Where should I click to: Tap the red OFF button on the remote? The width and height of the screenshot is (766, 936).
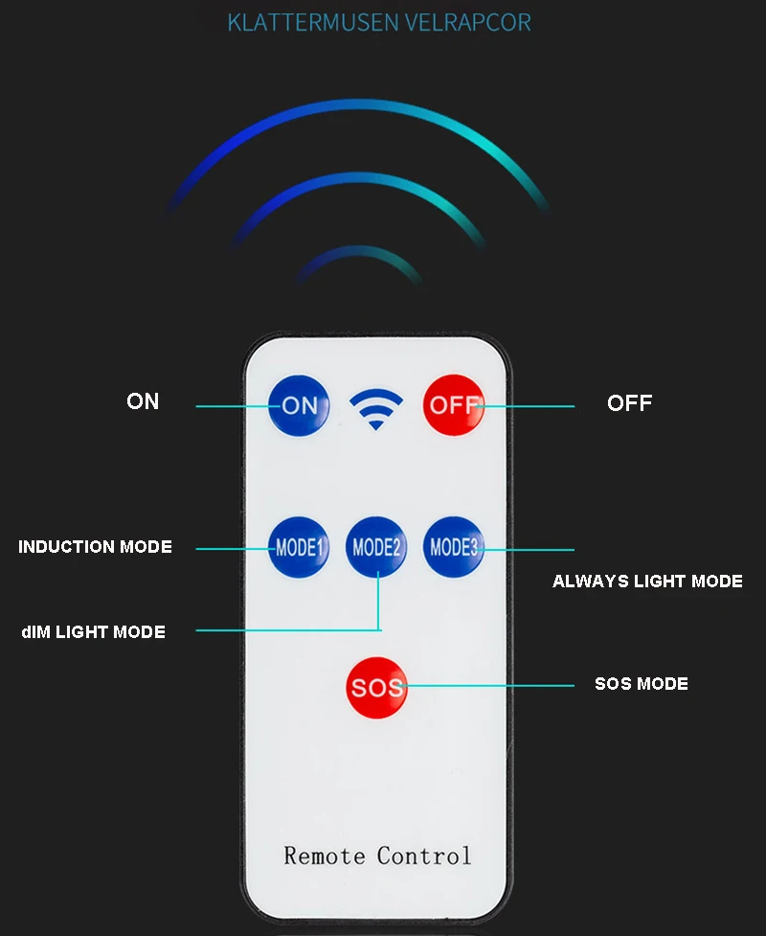pyautogui.click(x=454, y=404)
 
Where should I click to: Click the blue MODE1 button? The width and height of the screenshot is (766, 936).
pyautogui.click(x=298, y=548)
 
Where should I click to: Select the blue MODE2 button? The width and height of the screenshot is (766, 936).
pyautogui.click(x=376, y=547)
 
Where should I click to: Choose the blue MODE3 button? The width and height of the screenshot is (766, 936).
pyautogui.click(x=454, y=547)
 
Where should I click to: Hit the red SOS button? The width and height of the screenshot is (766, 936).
pyautogui.click(x=376, y=687)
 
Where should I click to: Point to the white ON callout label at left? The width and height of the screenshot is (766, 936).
pyautogui.click(x=143, y=401)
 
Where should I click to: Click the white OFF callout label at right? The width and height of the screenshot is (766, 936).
pyautogui.click(x=629, y=403)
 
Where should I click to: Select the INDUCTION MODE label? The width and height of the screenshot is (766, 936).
pyautogui.click(x=95, y=547)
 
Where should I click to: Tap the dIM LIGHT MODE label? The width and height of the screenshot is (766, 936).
pyautogui.click(x=93, y=632)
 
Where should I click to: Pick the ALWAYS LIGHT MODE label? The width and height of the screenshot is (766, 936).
pyautogui.click(x=647, y=582)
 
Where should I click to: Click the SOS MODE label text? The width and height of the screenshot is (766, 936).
pyautogui.click(x=641, y=684)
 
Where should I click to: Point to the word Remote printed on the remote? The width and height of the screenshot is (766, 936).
pyautogui.click(x=324, y=855)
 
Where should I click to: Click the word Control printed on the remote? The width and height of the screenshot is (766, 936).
pyautogui.click(x=423, y=855)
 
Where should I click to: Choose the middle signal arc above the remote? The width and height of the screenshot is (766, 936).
pyautogui.click(x=358, y=181)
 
